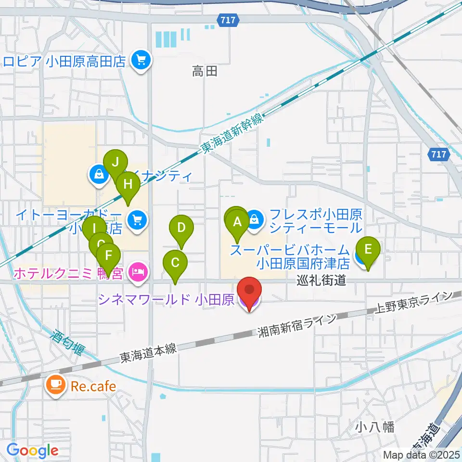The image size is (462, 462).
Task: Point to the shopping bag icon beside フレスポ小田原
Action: coord(255,219)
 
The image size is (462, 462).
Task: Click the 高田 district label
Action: coord(205,72)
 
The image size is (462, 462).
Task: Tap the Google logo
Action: coord(32,450)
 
